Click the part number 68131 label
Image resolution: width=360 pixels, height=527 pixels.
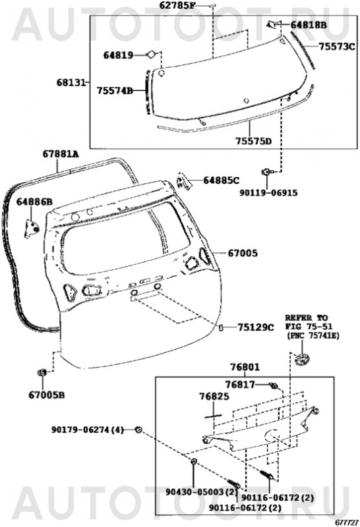coord(71,82)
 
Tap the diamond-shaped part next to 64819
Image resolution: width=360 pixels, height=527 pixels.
coord(150,55)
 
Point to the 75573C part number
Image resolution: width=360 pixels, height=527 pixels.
coord(337,47)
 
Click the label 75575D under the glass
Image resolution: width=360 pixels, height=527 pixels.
coord(253,141)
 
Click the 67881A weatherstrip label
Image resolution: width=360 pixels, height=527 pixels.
coord(61,154)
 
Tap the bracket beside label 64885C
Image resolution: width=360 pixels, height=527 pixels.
coord(184,182)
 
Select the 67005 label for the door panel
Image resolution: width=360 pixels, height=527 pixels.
coord(243,253)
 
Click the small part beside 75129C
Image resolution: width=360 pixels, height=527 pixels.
coord(222,327)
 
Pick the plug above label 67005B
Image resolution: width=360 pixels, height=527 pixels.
coord(42,372)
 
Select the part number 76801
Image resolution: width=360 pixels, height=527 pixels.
coord(245,367)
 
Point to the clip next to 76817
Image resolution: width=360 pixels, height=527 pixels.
coord(274,386)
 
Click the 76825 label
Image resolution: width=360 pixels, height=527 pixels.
coord(214,397)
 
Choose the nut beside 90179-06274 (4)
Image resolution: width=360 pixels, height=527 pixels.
coord(138,430)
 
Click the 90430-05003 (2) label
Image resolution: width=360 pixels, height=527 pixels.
coord(202,492)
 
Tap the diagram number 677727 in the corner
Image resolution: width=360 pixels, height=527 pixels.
coord(346,523)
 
